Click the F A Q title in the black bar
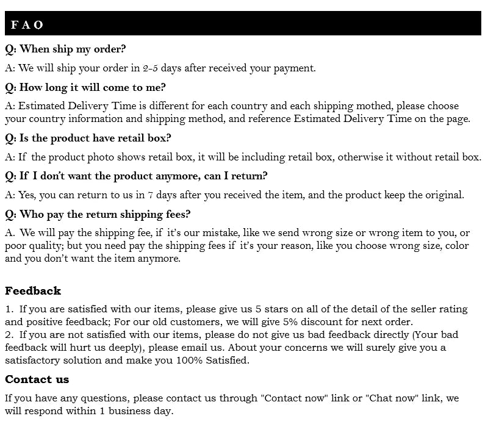coord(27,25)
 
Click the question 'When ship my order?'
coord(65,49)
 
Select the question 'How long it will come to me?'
coord(85,88)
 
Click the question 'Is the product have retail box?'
coord(88,138)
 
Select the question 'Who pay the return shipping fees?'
coord(98,215)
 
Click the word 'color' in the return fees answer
coord(457,246)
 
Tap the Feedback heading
coord(33,291)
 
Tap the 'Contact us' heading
coord(37,379)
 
